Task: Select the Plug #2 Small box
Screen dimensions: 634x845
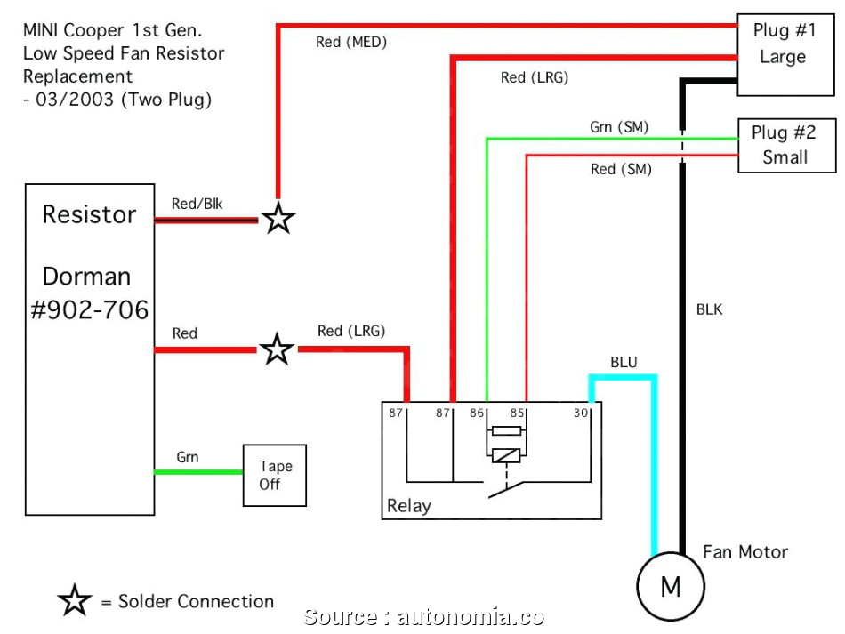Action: click(785, 145)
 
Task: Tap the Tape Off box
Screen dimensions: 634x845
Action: click(275, 476)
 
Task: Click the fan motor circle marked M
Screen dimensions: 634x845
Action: click(670, 587)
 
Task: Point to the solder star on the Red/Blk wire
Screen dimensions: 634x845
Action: click(278, 218)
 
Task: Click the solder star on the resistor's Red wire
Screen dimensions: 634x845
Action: click(277, 350)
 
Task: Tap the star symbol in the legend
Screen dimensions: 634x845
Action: click(75, 601)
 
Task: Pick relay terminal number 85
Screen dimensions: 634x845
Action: click(517, 413)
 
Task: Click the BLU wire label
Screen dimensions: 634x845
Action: click(624, 363)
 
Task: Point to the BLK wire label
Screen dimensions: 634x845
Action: click(709, 309)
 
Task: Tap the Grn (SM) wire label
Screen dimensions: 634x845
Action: click(619, 128)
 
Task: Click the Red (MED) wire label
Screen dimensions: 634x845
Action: click(351, 42)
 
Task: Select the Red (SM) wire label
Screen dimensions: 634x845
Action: click(621, 169)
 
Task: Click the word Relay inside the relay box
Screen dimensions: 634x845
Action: click(409, 506)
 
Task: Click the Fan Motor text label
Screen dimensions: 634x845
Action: click(745, 551)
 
